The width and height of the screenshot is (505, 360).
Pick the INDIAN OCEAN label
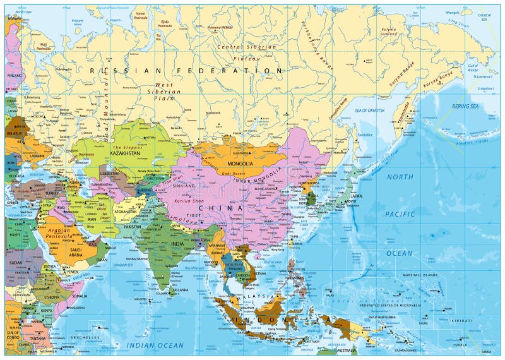click(155, 345)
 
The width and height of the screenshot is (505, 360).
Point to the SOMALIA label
click(80, 296)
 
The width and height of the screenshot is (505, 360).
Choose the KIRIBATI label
click(462, 321)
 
